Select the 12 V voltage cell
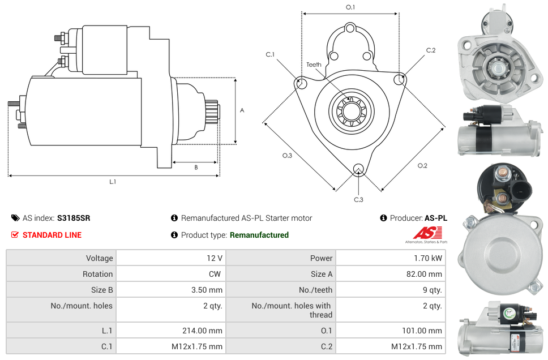[215, 258]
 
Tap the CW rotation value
[216, 274]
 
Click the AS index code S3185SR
[74, 218]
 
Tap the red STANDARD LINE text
[52, 235]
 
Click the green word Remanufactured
[259, 235]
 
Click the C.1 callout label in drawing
[270, 55]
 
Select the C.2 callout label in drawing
[431, 50]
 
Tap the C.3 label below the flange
[358, 199]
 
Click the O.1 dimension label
[350, 7]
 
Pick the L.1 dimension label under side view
[113, 181]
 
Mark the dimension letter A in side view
[242, 110]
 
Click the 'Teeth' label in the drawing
[314, 65]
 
